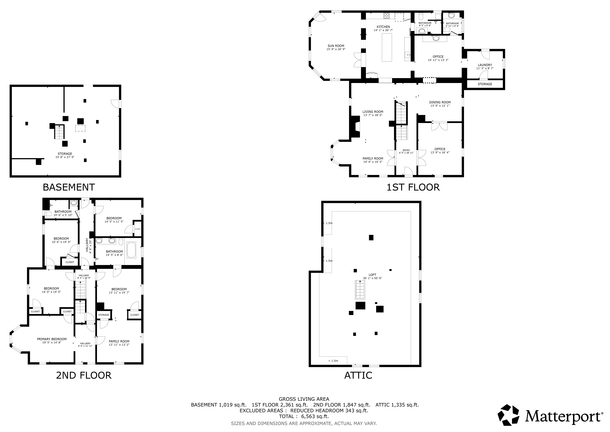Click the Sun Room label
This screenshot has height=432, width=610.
point(336,46)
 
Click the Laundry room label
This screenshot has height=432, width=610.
point(485,65)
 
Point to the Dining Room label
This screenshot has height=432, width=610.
point(440,102)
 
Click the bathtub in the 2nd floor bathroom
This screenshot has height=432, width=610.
point(132,250)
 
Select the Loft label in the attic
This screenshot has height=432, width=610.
point(372,275)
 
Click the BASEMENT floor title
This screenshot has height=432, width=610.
point(69,187)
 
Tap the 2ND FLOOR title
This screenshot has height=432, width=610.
point(84,375)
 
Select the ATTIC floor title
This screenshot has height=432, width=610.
point(358,375)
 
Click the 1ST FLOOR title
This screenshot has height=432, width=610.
point(413,187)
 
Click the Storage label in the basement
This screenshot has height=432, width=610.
point(65,154)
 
